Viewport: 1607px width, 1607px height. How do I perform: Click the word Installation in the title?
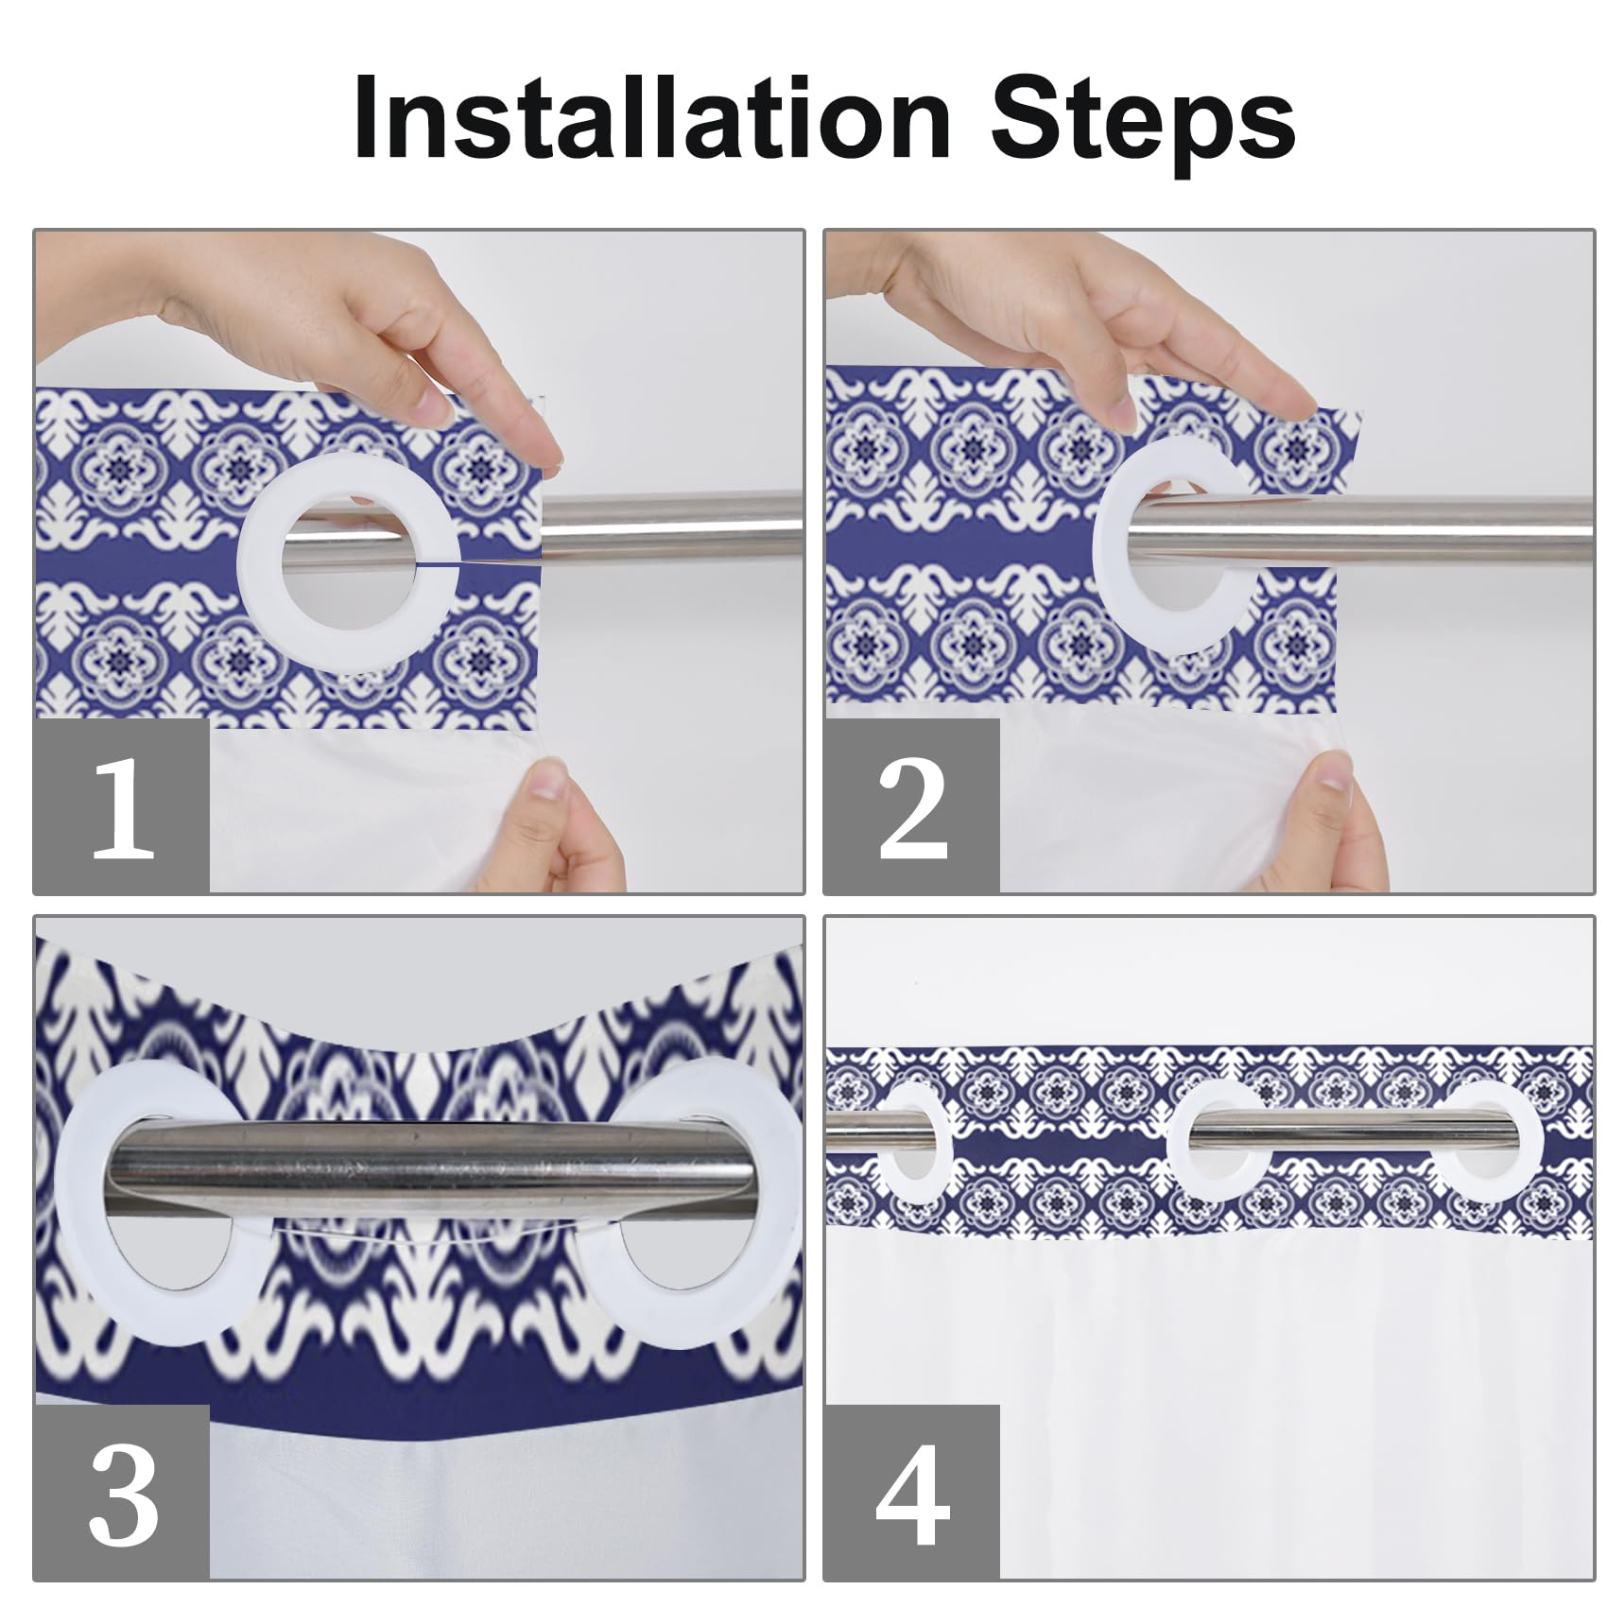[651, 116]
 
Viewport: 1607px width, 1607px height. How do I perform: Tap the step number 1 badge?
[121, 805]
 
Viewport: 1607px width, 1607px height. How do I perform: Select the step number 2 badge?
[911, 805]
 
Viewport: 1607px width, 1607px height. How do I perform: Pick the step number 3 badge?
[121, 1492]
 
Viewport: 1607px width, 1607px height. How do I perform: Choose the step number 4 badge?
[911, 1492]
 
